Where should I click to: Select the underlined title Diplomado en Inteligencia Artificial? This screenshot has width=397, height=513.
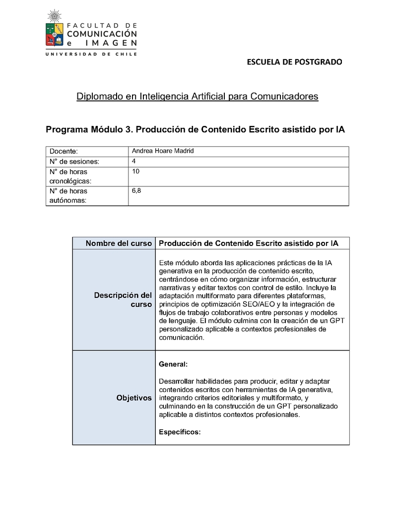click(197, 96)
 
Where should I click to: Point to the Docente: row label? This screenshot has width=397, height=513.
click(64, 151)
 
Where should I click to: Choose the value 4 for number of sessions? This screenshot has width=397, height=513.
click(134, 161)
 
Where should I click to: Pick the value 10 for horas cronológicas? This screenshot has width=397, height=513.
click(136, 171)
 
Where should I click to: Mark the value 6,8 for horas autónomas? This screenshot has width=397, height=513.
click(136, 190)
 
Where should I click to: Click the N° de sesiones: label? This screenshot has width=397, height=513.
click(74, 162)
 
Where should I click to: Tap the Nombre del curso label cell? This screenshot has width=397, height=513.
click(119, 243)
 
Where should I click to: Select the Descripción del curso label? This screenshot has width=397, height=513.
click(123, 300)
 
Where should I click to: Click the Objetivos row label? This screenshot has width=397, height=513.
click(134, 398)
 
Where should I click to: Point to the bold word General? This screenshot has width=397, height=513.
click(173, 364)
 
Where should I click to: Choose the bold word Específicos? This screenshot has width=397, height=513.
click(180, 432)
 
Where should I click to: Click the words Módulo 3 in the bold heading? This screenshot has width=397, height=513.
click(112, 130)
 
